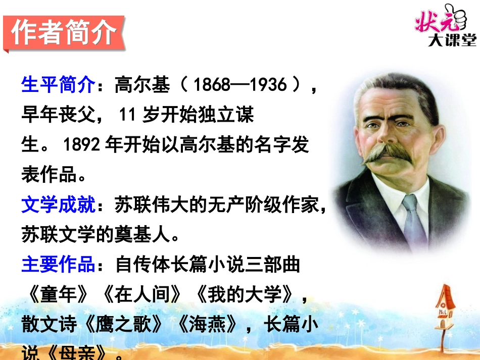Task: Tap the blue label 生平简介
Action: click(x=58, y=84)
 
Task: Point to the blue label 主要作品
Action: click(x=58, y=265)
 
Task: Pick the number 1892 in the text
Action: click(x=82, y=145)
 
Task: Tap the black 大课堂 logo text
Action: click(x=452, y=40)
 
